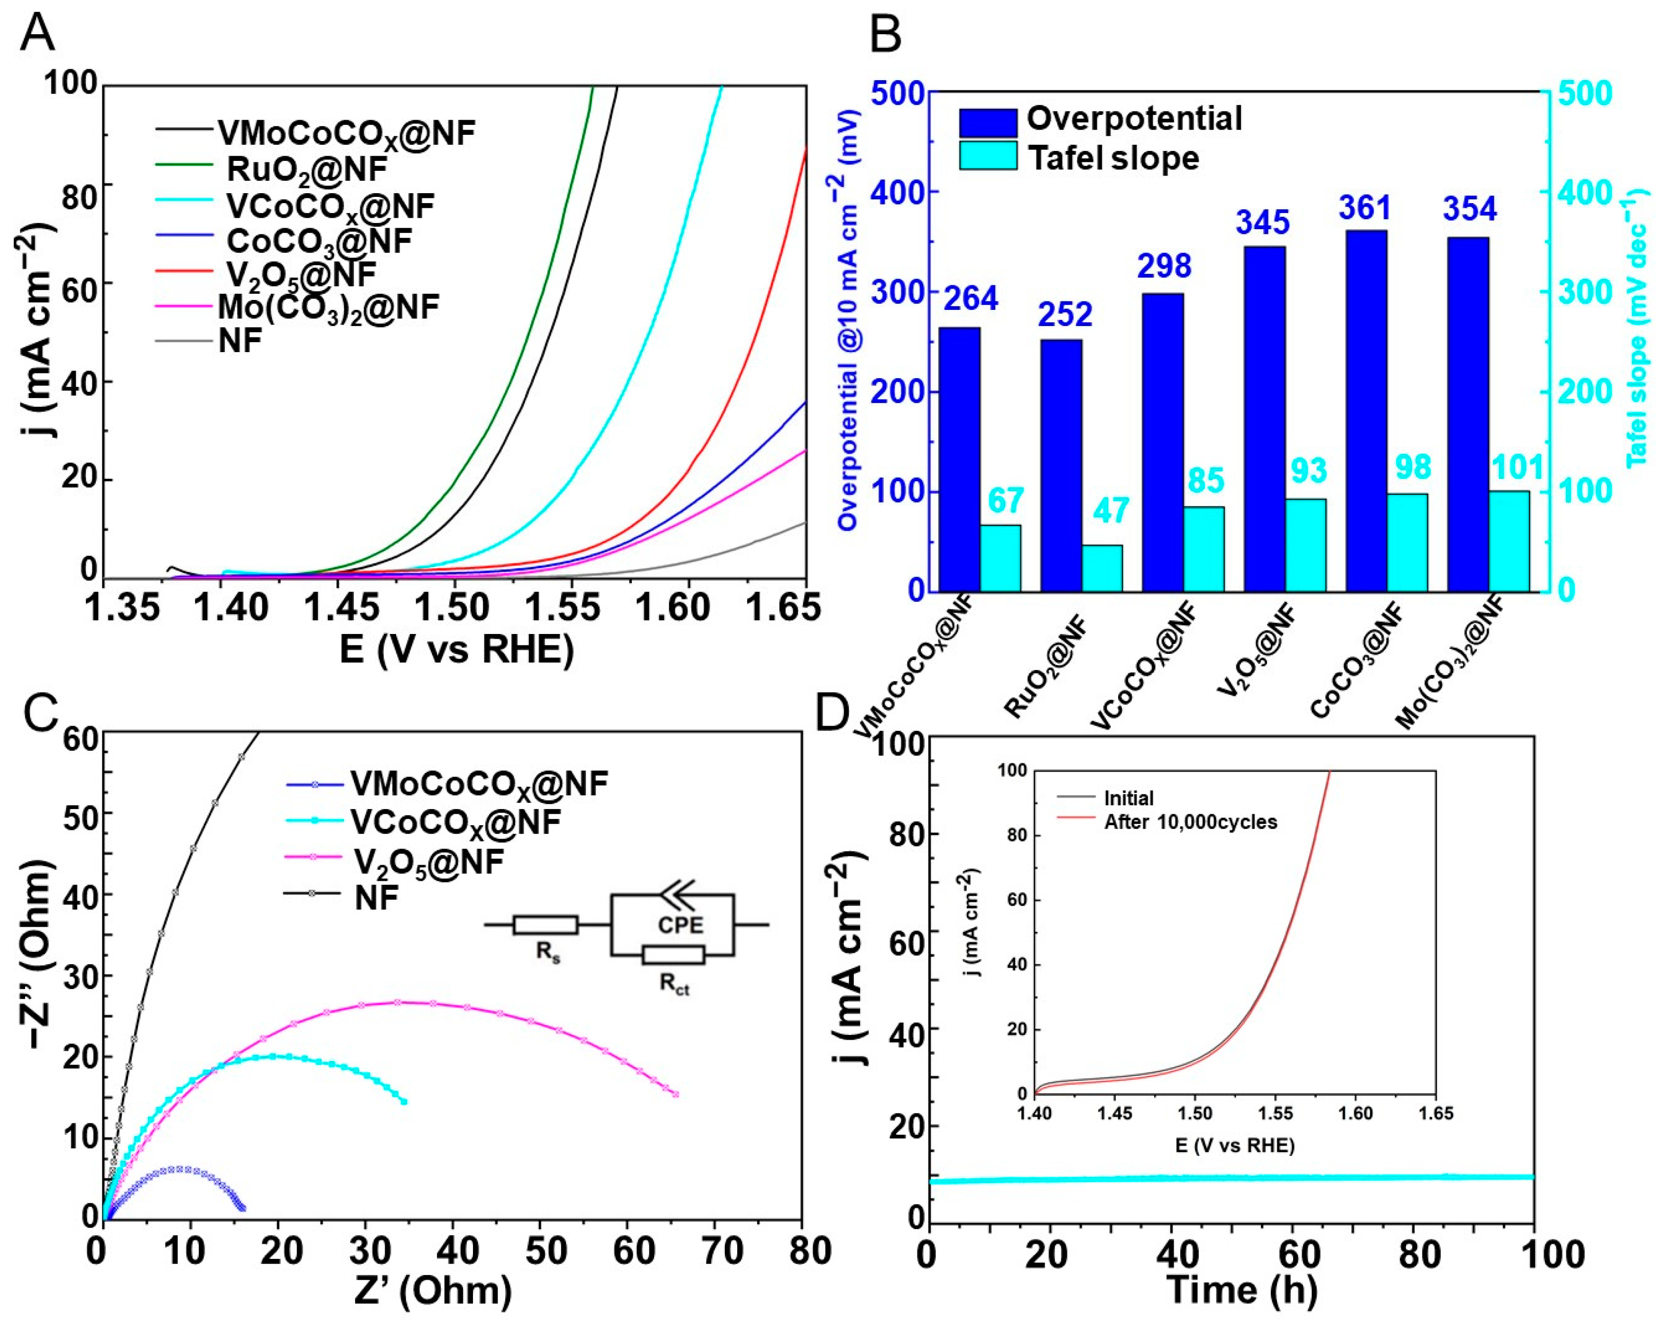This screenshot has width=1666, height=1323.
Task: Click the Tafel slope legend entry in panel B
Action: tap(1113, 158)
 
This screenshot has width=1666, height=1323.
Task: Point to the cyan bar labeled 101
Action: tap(1509, 541)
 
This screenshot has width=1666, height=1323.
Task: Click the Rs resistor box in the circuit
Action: tap(546, 925)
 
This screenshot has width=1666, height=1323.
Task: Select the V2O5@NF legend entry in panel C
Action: tap(428, 860)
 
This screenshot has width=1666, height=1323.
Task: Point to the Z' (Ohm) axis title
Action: tap(433, 1289)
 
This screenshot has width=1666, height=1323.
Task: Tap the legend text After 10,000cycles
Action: tap(1190, 821)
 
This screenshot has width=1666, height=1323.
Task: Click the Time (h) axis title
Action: tap(1242, 1289)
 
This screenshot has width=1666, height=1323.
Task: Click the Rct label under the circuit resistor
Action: tap(674, 983)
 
